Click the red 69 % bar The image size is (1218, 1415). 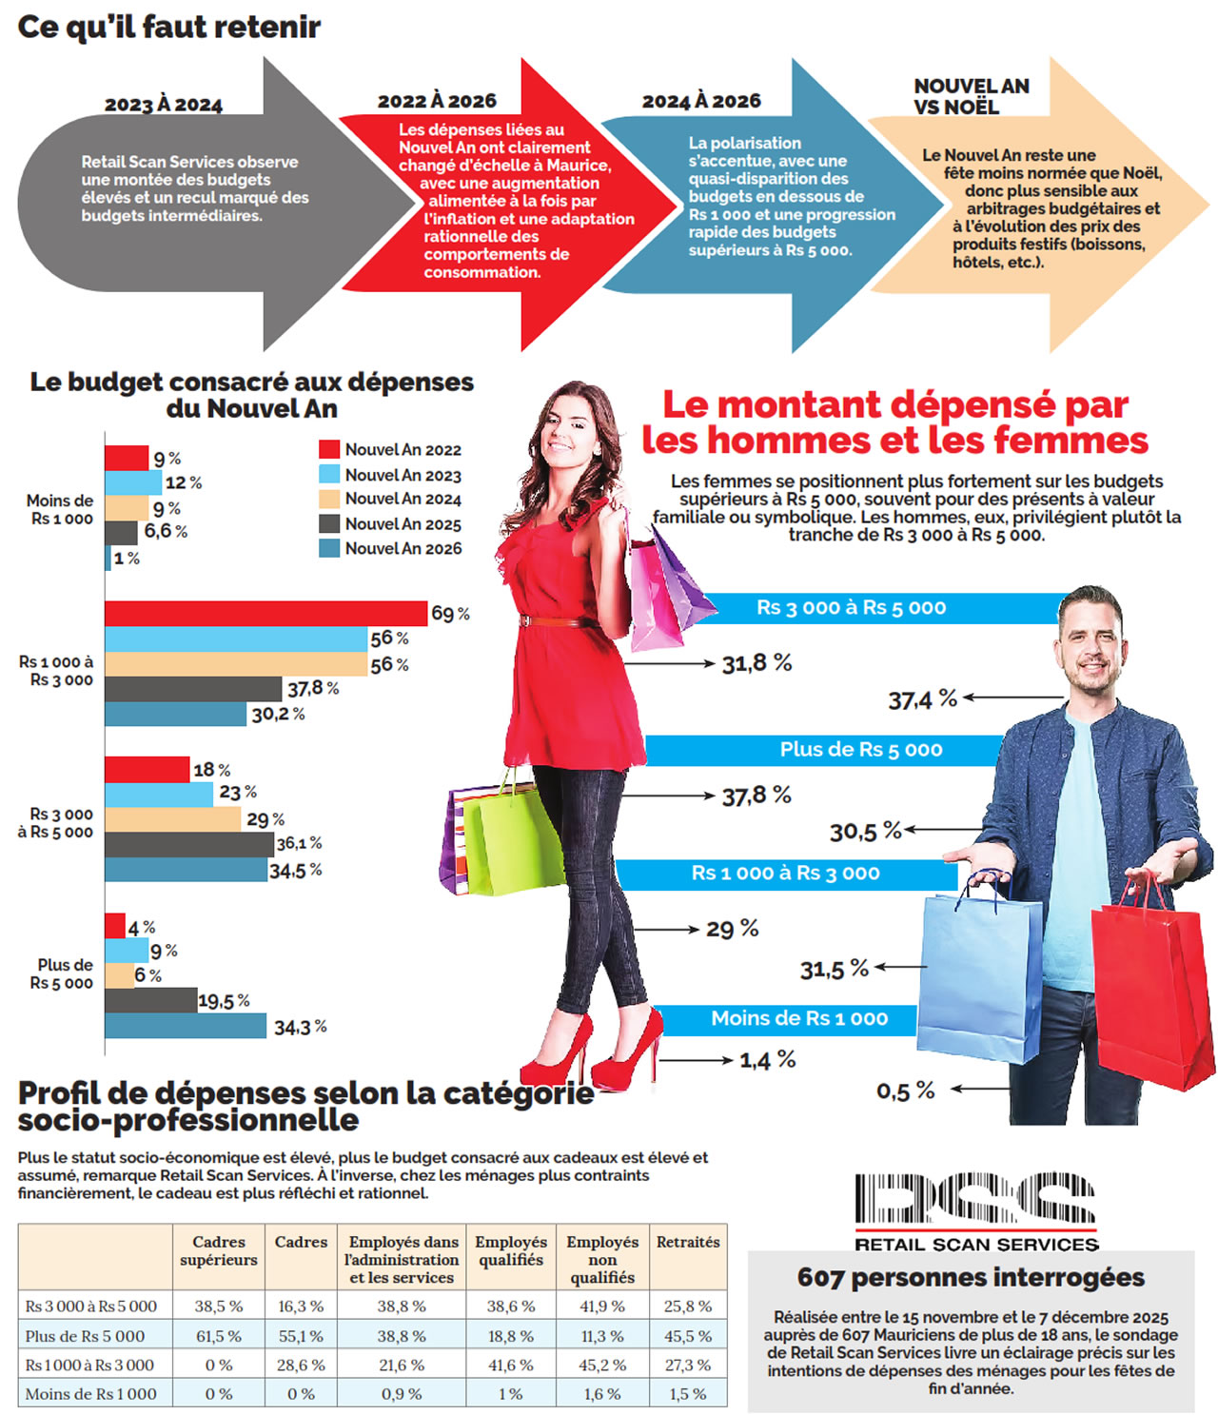click(x=265, y=614)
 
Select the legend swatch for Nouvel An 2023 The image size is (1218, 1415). click(x=329, y=474)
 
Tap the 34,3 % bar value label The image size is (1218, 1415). click(x=300, y=1028)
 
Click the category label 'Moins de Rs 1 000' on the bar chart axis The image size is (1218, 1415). click(x=60, y=509)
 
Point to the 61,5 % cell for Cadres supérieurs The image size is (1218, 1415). click(x=219, y=1336)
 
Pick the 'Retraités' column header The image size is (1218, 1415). click(x=687, y=1242)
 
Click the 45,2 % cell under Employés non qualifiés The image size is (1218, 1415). click(x=602, y=1365)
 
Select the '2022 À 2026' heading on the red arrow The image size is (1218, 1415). click(x=437, y=101)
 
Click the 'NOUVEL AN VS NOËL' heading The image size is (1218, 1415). click(x=971, y=96)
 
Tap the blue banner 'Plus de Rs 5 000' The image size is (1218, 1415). click(x=860, y=750)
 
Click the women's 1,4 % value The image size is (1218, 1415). click(x=767, y=1059)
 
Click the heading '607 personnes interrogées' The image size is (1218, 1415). click(x=971, y=1277)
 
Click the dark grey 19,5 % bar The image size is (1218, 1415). click(x=150, y=1000)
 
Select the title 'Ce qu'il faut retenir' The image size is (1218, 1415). click(x=169, y=27)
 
